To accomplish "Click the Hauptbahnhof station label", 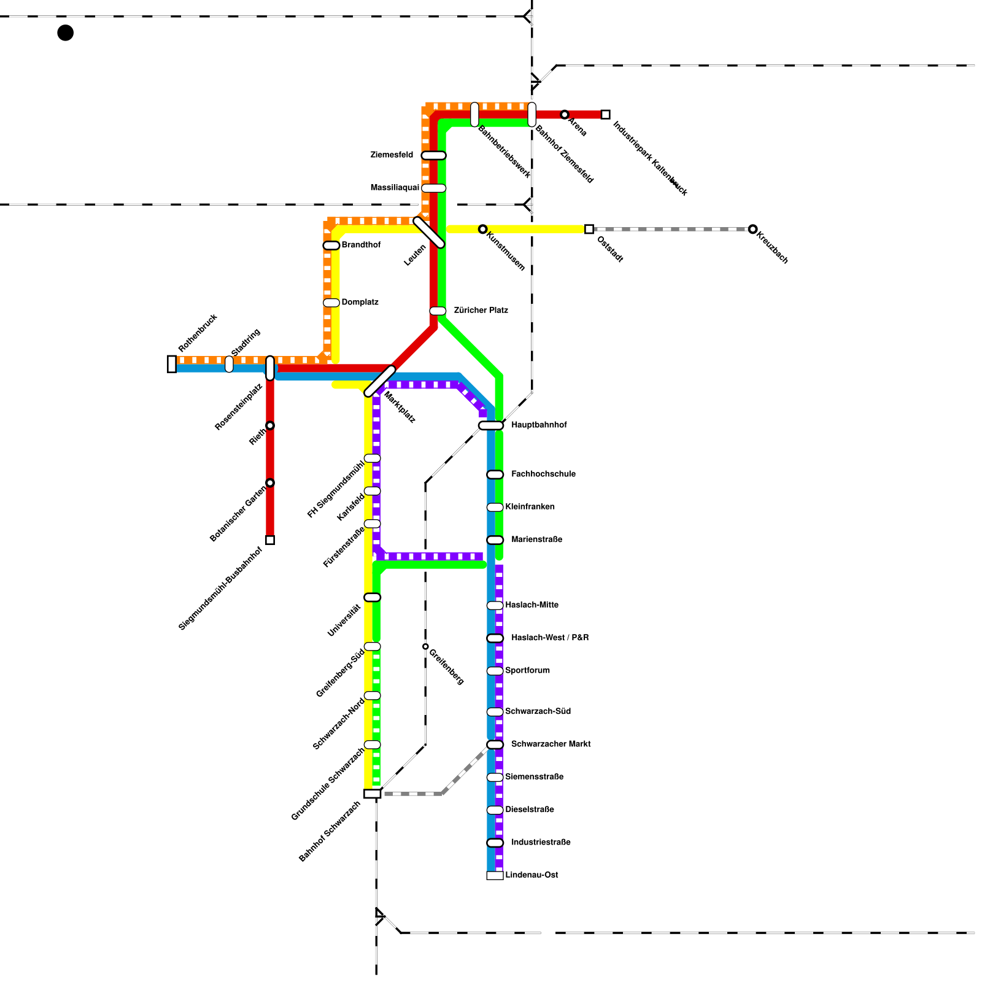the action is [538, 425].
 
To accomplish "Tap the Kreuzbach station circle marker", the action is [752, 229].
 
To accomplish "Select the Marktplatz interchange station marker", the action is [380, 381].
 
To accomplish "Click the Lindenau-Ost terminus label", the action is [532, 875].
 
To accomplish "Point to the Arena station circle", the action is [565, 115].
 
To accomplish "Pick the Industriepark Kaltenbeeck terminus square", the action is [605, 115].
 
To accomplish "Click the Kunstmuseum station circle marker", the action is [483, 229].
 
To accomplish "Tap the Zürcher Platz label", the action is [481, 311].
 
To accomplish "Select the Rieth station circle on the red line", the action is [270, 425].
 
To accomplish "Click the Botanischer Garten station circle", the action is [270, 482].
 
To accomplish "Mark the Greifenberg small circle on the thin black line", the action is [425, 646].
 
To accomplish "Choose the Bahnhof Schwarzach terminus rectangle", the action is [372, 794].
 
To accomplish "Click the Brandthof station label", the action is [361, 245].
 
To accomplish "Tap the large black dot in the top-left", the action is [65, 33].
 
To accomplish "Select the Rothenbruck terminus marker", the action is [172, 364].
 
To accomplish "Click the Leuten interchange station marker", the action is [429, 233].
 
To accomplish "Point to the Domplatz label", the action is [360, 302].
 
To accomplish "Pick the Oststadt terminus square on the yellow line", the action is [589, 229].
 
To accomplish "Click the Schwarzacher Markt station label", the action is [551, 744].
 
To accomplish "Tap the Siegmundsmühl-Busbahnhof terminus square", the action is [270, 540].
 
